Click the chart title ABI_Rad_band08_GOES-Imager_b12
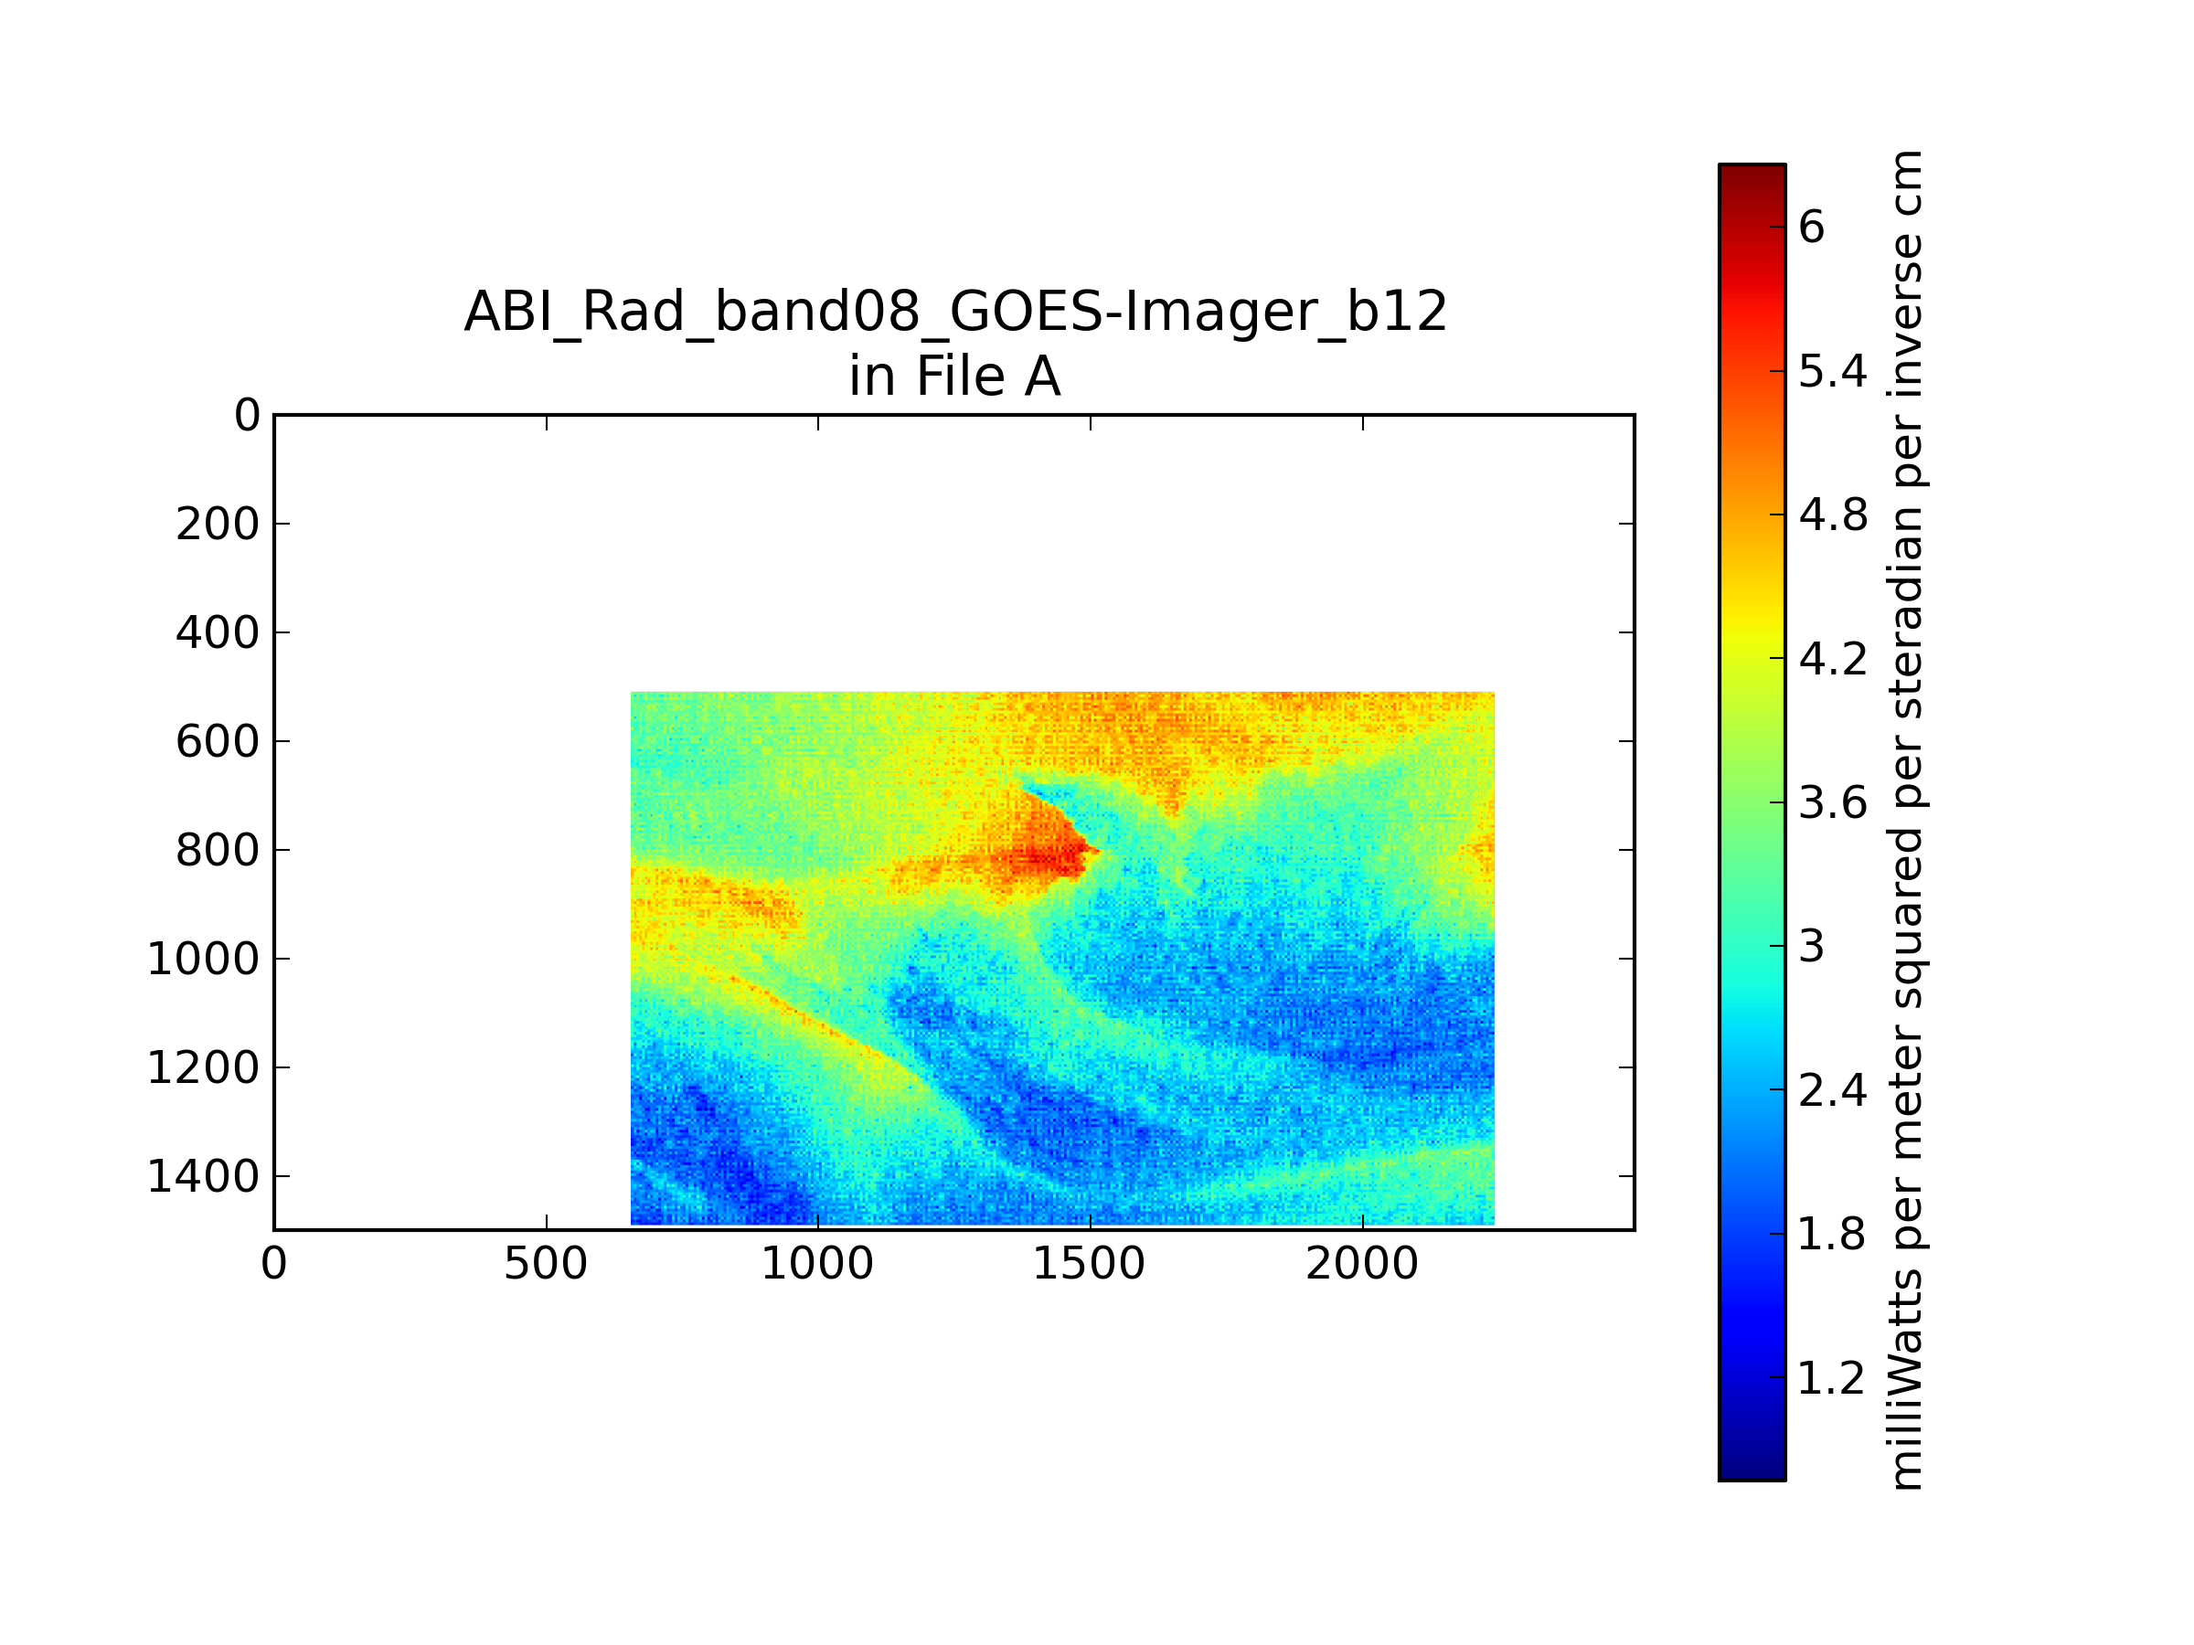click(955, 313)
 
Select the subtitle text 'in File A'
click(954, 377)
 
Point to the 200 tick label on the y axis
click(218, 525)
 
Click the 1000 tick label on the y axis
click(203, 959)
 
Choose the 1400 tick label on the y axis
click(203, 1177)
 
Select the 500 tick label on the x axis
click(546, 1264)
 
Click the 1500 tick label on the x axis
click(1089, 1264)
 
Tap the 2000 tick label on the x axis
click(1362, 1264)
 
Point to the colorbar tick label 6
click(1811, 227)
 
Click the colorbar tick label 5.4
click(1833, 372)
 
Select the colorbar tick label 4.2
click(1833, 658)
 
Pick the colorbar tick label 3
click(1811, 947)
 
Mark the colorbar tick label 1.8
click(1833, 1235)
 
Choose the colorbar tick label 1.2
click(1833, 1378)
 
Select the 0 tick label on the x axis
click(273, 1264)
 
